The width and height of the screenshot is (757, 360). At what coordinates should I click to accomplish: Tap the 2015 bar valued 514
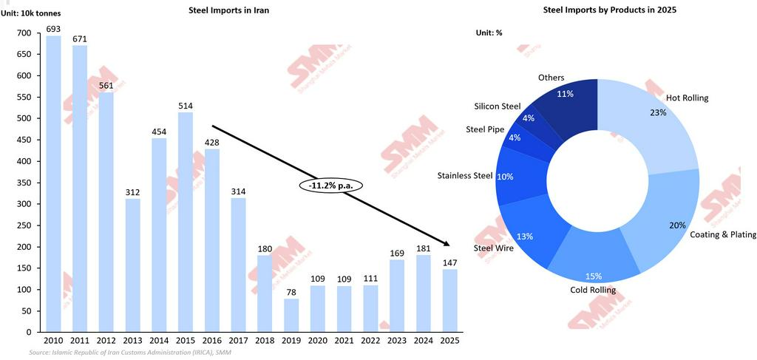(186, 222)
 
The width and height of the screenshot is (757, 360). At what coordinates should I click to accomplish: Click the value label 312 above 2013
(133, 192)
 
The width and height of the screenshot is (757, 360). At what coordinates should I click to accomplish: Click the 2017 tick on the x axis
(238, 341)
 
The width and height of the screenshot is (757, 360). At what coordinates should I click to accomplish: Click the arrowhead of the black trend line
(447, 245)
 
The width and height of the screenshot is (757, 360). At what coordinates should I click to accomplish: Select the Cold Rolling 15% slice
(594, 262)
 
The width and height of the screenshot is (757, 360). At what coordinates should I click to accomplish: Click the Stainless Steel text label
(464, 175)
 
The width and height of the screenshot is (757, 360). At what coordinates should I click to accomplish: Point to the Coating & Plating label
(722, 235)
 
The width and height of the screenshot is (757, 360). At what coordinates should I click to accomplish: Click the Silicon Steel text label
(497, 106)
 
